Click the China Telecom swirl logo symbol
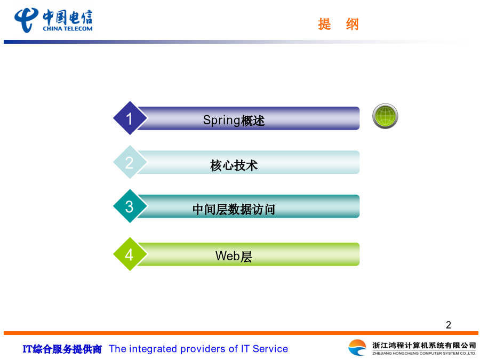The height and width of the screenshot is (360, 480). click(x=27, y=20)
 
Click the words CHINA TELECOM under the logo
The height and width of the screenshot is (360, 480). click(x=68, y=29)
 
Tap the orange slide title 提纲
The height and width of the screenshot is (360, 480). click(x=338, y=24)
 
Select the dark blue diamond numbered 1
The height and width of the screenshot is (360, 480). click(x=130, y=118)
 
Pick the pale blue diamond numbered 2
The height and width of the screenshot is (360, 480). click(x=130, y=162)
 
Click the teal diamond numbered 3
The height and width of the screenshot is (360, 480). click(x=130, y=206)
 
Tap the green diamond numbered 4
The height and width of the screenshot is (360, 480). click(x=130, y=254)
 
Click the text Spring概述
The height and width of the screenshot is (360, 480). click(x=234, y=121)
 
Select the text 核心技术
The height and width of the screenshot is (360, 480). click(x=234, y=165)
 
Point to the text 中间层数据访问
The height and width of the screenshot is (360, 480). click(x=234, y=210)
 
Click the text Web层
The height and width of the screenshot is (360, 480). click(x=234, y=256)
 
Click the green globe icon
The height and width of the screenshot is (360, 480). click(x=385, y=116)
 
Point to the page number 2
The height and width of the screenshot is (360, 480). click(x=449, y=325)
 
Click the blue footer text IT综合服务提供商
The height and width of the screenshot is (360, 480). click(x=62, y=349)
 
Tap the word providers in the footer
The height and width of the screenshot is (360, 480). click(x=203, y=349)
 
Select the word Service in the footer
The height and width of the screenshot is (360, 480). click(x=270, y=349)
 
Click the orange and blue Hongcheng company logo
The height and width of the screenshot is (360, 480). click(x=357, y=348)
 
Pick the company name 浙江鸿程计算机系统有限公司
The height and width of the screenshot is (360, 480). click(x=424, y=345)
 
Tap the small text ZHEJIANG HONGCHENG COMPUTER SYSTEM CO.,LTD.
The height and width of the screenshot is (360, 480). click(x=424, y=353)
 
